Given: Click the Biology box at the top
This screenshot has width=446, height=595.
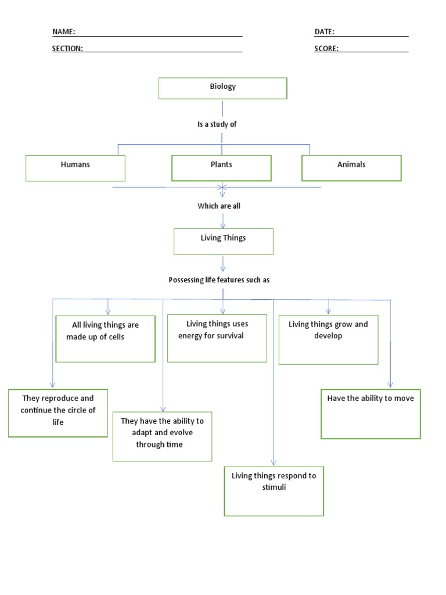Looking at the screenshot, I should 223,88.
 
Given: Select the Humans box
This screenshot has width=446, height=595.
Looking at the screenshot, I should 75,168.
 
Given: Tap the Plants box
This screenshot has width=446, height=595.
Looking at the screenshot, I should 221,168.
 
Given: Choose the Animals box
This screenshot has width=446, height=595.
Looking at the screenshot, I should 351,168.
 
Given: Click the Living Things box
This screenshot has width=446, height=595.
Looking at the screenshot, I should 223,241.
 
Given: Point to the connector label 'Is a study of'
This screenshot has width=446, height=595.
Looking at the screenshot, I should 217,124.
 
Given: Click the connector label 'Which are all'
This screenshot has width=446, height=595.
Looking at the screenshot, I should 219,206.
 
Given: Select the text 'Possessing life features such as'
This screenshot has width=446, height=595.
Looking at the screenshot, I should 219,280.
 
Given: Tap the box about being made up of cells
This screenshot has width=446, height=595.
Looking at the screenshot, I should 105,339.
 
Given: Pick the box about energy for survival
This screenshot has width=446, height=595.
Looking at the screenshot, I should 217,338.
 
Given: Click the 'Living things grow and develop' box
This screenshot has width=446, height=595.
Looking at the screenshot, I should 328,340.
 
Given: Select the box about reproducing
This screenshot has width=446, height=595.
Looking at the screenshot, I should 58,413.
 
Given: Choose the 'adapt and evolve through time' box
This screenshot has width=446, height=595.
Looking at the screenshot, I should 162,436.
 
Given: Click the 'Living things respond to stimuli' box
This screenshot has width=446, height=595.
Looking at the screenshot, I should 274,491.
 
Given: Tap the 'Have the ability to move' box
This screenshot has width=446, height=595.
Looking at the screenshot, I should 371,414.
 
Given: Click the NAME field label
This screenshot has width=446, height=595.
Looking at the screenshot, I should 63,32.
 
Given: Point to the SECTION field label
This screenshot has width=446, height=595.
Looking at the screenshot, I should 67,49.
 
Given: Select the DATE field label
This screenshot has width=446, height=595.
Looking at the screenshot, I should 325,32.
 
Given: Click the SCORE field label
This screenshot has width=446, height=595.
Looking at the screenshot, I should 326,49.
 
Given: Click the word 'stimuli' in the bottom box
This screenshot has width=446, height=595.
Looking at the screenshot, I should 274,487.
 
